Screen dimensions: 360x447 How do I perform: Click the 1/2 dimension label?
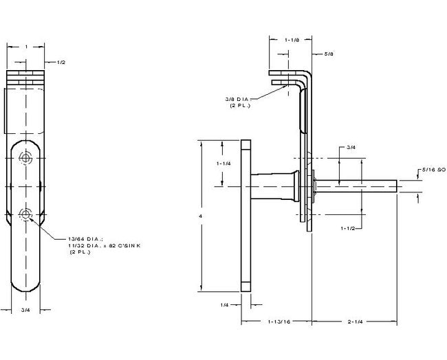click(x=61, y=63)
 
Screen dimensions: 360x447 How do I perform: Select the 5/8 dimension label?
click(x=327, y=52)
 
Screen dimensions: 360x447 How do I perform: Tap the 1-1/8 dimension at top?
click(x=291, y=40)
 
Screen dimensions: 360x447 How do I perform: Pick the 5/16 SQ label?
click(x=432, y=168)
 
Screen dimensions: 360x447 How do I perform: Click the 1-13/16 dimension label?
click(x=276, y=321)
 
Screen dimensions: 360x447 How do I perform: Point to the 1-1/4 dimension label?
click(x=223, y=164)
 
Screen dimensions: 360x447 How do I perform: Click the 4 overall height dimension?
click(x=200, y=216)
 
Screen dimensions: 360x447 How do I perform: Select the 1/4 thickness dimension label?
click(x=224, y=304)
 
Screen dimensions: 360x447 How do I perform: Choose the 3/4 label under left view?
click(x=25, y=311)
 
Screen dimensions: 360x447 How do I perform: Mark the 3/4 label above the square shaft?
click(x=351, y=147)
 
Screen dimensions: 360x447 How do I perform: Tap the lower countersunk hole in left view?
click(x=26, y=215)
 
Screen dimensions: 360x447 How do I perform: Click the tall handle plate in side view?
click(x=246, y=216)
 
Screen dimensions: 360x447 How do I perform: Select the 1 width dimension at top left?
click(x=25, y=46)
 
